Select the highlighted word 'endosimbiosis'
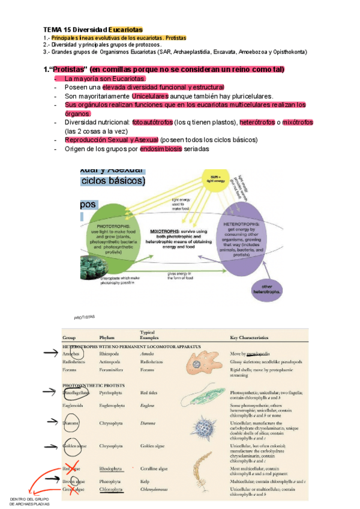(161, 149)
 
